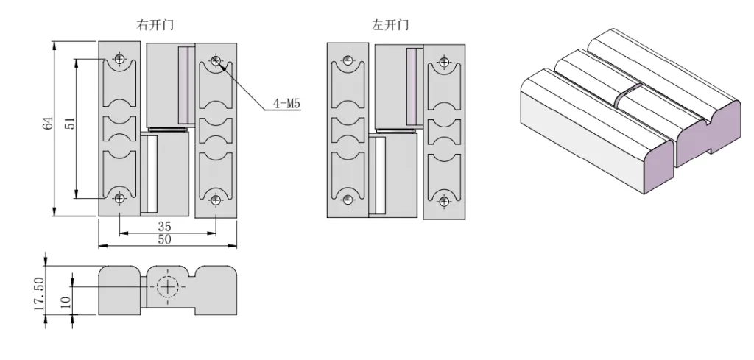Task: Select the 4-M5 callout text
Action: pyautogui.click(x=287, y=104)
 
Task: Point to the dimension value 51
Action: pyautogui.click(x=71, y=123)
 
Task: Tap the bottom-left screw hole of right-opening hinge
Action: pyautogui.click(x=119, y=197)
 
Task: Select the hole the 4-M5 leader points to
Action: pyautogui.click(x=216, y=60)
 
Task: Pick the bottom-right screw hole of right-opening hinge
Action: pyautogui.click(x=216, y=200)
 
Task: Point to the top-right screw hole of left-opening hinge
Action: pyautogui.click(x=443, y=60)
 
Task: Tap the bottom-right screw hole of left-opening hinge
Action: pyautogui.click(x=443, y=200)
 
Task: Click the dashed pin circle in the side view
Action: pyautogui.click(x=168, y=286)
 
